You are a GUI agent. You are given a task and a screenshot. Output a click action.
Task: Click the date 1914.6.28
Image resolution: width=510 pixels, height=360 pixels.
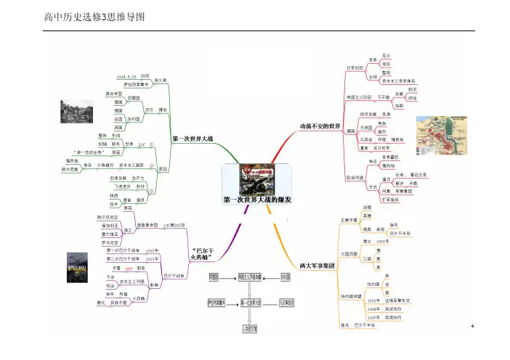pyautogui.click(x=127, y=75)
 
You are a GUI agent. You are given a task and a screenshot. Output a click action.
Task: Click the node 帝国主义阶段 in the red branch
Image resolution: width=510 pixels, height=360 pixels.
pyautogui.click(x=360, y=96)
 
